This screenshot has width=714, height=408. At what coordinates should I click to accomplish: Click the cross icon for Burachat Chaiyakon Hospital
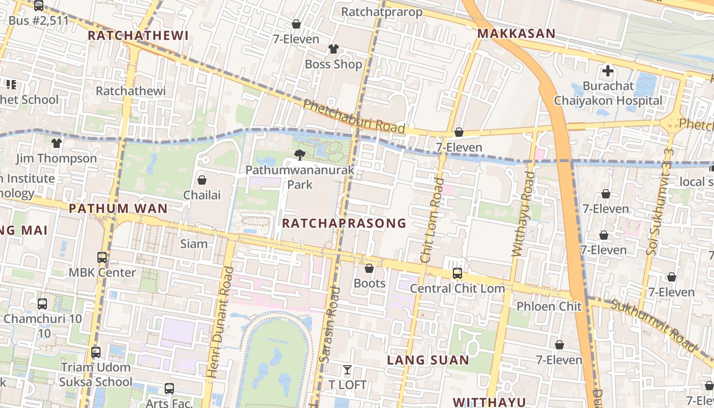coord(607,71)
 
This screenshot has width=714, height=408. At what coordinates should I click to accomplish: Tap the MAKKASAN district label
coord(516,34)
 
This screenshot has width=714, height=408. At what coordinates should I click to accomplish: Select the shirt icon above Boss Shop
coord(333,49)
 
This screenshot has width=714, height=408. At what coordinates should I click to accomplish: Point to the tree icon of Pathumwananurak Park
coord(299,155)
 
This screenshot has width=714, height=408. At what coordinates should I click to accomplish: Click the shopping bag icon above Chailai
coord(202,180)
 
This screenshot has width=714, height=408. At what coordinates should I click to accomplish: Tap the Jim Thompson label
coord(56,159)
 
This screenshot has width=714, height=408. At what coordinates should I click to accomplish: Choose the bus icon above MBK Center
coord(102,258)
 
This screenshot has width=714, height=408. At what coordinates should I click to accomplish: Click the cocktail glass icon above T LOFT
coord(347,370)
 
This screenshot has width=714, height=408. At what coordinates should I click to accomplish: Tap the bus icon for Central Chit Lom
coord(457,273)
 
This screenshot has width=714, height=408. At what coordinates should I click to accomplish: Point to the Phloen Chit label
coord(549,307)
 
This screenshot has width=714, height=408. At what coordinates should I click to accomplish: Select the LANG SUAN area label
coord(428,360)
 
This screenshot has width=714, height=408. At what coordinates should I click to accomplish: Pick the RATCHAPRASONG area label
coord(344,223)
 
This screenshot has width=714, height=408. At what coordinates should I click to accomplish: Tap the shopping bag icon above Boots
coord(369,268)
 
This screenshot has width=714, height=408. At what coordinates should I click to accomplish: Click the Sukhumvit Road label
coord(654,326)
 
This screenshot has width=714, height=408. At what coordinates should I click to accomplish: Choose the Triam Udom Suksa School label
coord(96,374)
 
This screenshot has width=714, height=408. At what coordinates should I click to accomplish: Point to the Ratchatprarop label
coord(381,12)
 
